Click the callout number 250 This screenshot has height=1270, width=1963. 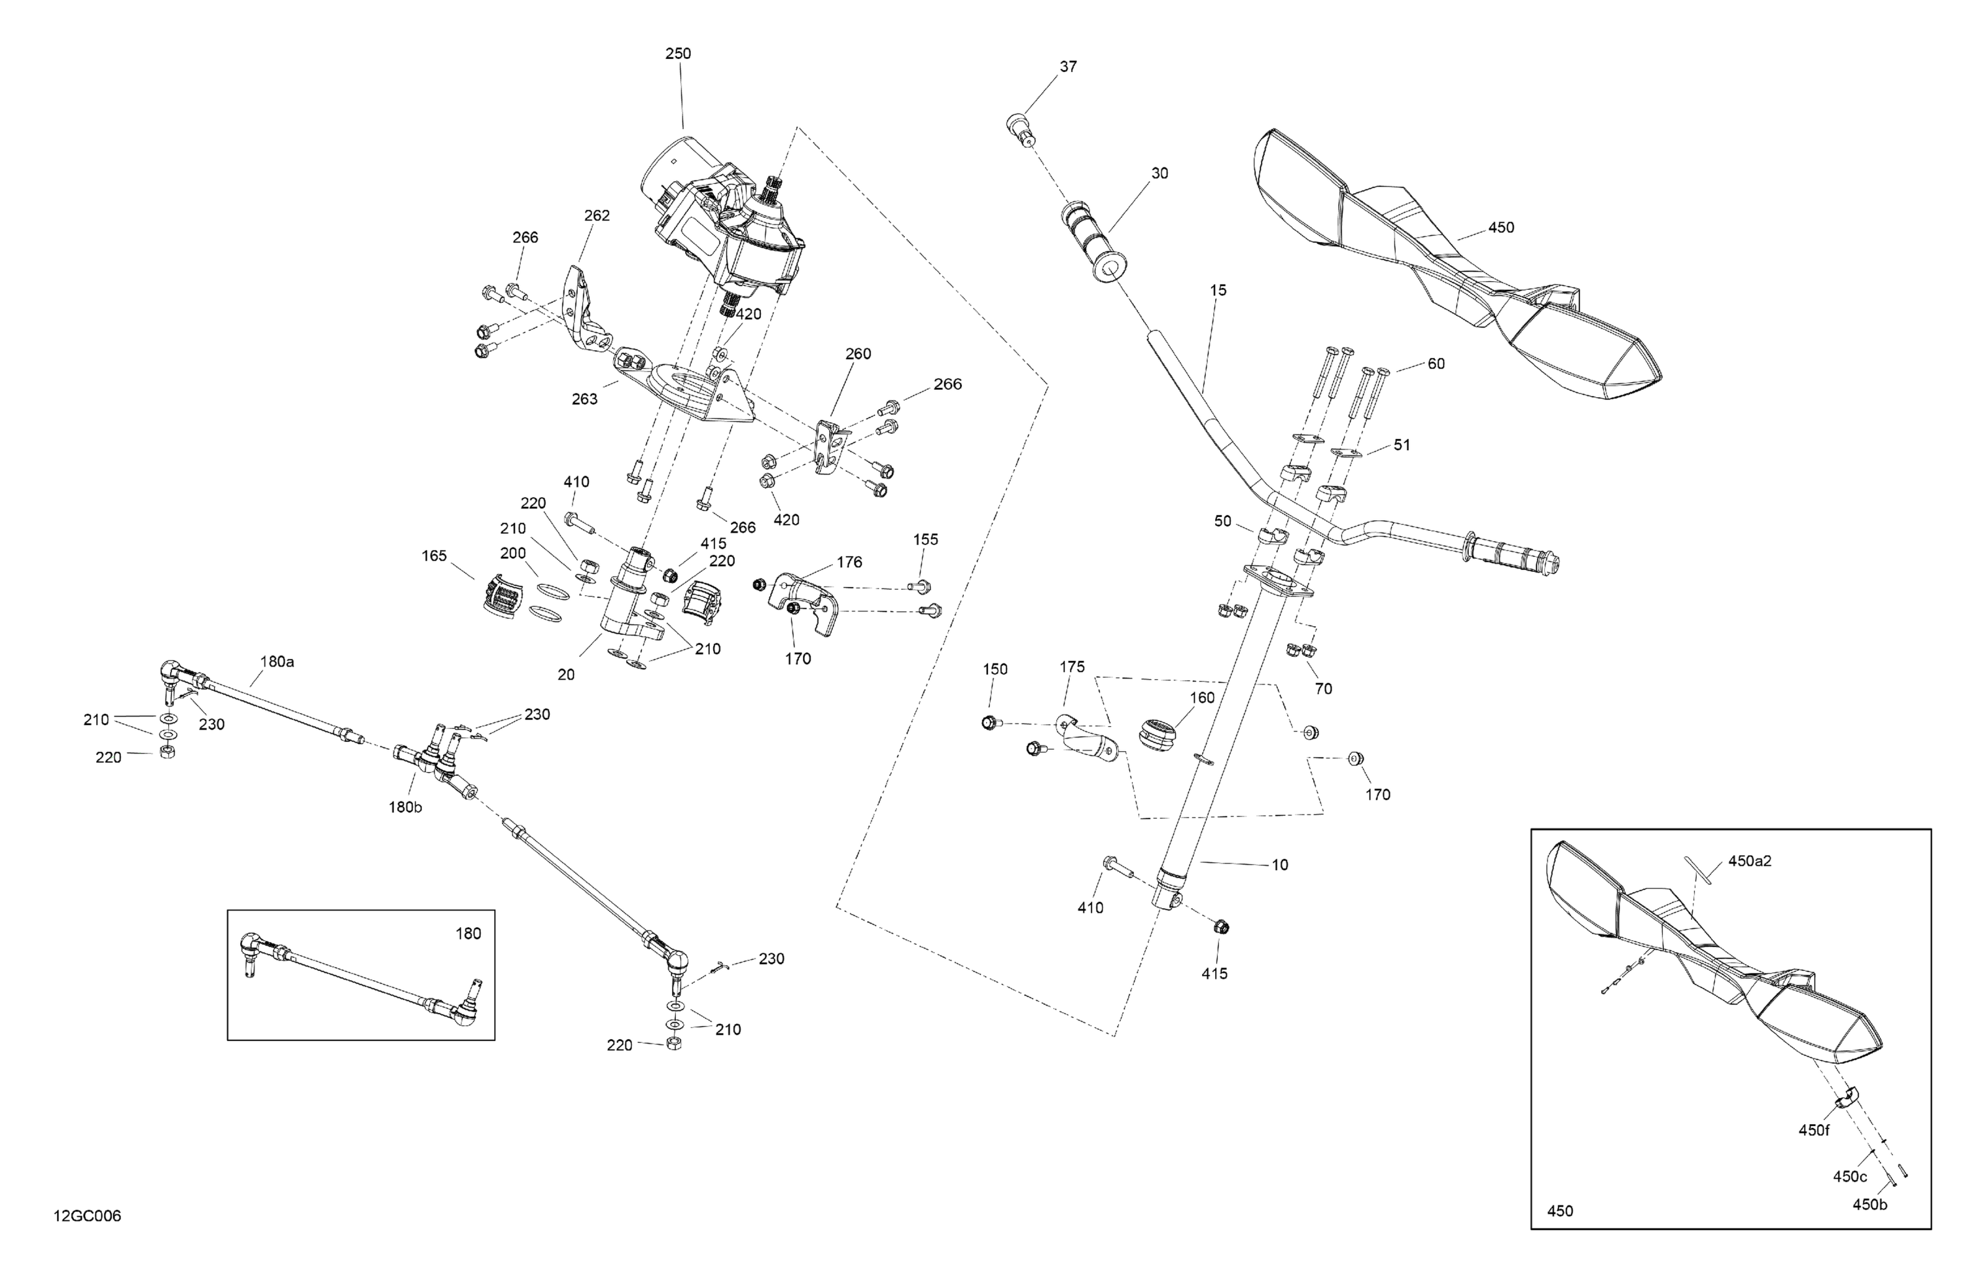tap(678, 54)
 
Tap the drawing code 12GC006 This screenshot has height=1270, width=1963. tap(88, 1216)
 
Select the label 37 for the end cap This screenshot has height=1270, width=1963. tap(1068, 67)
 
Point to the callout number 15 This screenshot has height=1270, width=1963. tap(1218, 291)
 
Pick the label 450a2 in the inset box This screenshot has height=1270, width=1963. tap(1750, 862)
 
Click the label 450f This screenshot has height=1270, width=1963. tap(1814, 1131)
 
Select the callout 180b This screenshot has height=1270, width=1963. tap(406, 807)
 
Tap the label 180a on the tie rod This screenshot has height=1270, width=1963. tap(277, 661)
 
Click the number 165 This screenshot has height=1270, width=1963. tap(434, 556)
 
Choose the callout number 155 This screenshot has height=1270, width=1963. tap(925, 539)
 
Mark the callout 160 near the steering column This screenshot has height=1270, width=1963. tap(1202, 697)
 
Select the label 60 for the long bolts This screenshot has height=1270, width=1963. tap(1436, 364)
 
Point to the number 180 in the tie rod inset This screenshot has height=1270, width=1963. tap(469, 934)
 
